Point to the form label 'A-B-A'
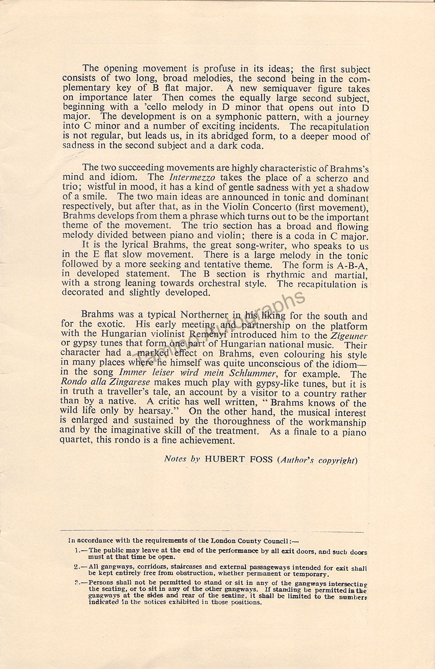[x=354, y=265]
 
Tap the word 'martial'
[x=347, y=274]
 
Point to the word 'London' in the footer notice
[x=225, y=541]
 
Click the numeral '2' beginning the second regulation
[x=76, y=567]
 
